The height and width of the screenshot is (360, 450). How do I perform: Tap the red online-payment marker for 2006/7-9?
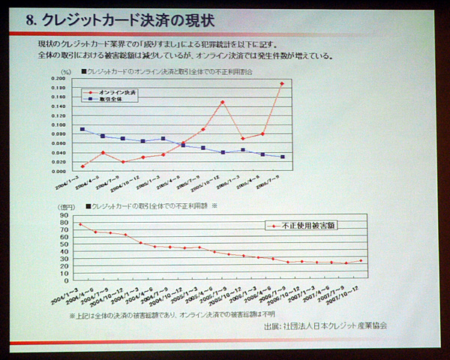pos(282,83)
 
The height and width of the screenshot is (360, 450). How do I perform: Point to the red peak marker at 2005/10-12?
pos(222,102)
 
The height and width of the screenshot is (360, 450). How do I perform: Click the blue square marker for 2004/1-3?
pos(82,129)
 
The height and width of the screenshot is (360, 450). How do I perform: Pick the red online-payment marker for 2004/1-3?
pos(82,166)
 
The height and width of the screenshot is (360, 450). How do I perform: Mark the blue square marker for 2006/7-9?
pos(282,157)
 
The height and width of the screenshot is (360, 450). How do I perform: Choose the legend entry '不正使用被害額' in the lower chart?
pos(303,224)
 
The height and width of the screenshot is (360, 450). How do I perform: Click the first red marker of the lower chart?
pos(80,224)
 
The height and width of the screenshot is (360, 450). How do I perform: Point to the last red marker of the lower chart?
pos(361,261)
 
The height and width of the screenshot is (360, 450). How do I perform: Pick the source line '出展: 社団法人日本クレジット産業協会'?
pos(325,326)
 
